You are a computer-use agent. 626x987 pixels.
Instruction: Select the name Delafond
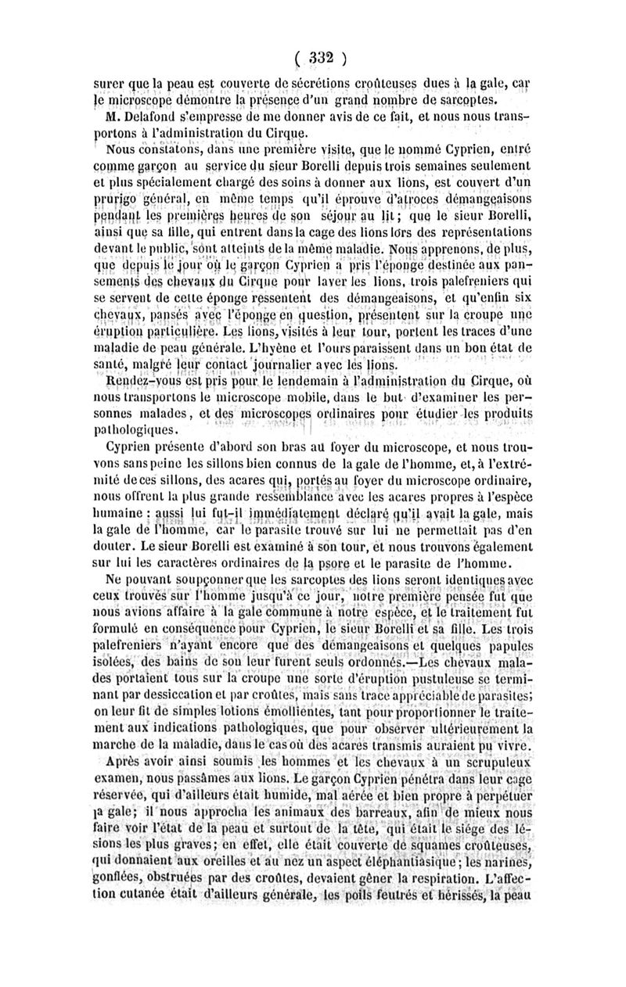click(x=144, y=117)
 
